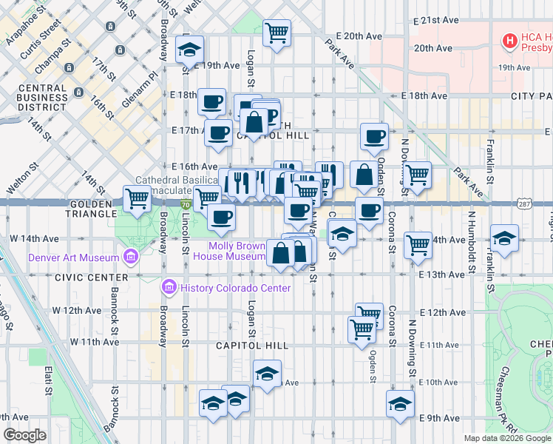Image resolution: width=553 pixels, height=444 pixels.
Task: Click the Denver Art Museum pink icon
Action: (x=131, y=258)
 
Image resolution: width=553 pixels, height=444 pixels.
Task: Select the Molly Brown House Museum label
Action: (x=228, y=251)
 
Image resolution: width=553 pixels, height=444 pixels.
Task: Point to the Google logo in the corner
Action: (x=25, y=435)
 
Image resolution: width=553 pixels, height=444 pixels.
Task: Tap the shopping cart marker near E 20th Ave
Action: (x=276, y=33)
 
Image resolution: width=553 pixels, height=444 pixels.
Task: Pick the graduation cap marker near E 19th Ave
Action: (x=189, y=50)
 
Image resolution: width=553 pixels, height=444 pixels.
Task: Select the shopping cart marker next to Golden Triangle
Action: (x=137, y=199)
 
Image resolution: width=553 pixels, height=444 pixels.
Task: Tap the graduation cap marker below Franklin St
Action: (x=504, y=239)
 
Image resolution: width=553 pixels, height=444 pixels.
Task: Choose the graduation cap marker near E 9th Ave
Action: (x=400, y=404)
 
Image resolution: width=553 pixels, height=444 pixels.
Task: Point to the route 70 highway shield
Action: (x=186, y=204)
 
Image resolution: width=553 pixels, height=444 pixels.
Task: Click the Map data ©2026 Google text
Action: (x=507, y=438)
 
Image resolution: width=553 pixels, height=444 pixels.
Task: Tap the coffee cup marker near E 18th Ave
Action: (x=211, y=101)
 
